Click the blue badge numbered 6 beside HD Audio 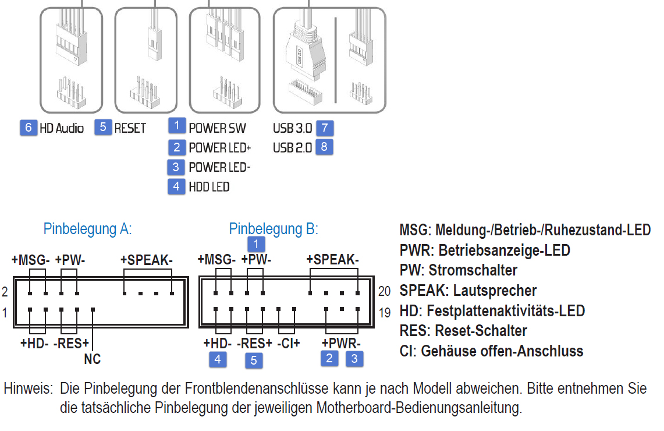(29, 128)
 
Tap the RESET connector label (130, 128)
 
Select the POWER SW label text (217, 128)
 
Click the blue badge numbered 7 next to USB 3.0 (325, 128)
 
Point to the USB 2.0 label (292, 147)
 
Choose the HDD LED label (209, 187)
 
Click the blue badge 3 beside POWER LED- (176, 167)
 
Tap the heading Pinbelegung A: (88, 229)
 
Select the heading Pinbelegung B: (274, 229)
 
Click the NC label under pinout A (93, 359)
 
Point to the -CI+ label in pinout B (289, 343)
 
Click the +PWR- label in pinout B (342, 343)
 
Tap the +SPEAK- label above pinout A (147, 260)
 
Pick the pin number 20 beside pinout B (385, 291)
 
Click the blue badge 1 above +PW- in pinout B (256, 244)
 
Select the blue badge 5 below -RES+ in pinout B (254, 361)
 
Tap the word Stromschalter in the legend (473, 270)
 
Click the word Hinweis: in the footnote (29, 388)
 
